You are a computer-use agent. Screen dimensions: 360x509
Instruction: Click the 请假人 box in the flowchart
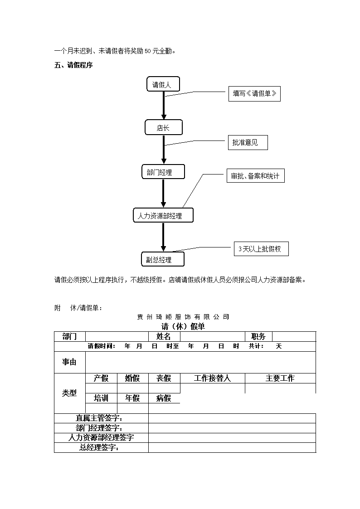tap(163, 84)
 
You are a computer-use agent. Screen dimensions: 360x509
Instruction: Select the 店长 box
tap(164, 127)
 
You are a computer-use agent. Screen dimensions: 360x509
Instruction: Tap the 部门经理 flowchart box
tap(163, 172)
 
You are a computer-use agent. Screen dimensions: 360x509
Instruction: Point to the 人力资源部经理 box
tap(163, 215)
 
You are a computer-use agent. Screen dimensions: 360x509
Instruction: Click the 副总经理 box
tap(163, 259)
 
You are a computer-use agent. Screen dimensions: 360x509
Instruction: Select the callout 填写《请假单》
tap(254, 94)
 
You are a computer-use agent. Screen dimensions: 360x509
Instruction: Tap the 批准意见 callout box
tap(248, 142)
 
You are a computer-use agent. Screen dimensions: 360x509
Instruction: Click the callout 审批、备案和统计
tap(255, 175)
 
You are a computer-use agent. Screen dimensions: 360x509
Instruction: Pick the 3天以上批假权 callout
tap(261, 249)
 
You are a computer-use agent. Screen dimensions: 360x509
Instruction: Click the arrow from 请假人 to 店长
tap(164, 106)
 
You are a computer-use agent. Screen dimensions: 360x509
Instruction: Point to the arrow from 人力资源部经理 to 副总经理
tap(163, 238)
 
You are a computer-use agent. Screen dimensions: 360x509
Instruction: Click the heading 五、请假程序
tap(73, 65)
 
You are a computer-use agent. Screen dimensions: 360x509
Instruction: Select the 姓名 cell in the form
tap(164, 336)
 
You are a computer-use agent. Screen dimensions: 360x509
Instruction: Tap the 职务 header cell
tap(258, 336)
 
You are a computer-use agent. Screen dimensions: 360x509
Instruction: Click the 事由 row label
tap(69, 362)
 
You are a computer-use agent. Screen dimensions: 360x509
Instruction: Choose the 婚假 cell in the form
tap(132, 378)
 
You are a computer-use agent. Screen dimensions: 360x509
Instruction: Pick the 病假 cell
tap(164, 398)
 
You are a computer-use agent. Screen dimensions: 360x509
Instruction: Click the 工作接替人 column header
tap(212, 378)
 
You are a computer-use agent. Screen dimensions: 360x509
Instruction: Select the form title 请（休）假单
tap(183, 326)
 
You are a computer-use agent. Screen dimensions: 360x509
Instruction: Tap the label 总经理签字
tap(99, 447)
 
